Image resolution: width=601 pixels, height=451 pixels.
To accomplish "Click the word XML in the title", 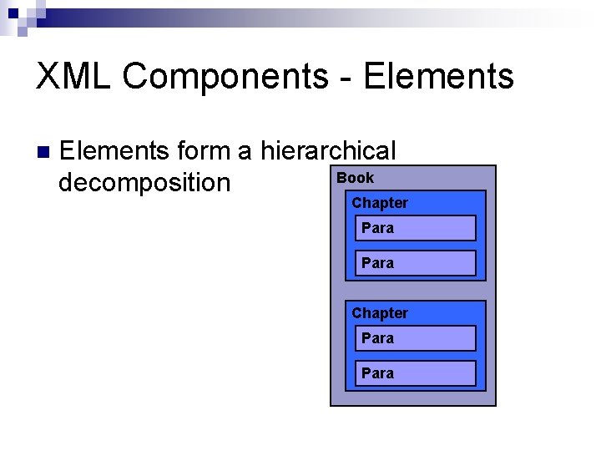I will [x=74, y=77].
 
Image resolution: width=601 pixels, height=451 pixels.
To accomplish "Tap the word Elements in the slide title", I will [x=439, y=77].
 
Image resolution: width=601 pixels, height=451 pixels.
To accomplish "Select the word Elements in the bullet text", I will [x=115, y=151].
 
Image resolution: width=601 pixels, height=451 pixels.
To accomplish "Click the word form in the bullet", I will [x=203, y=151].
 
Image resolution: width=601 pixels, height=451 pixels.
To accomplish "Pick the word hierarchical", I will [x=328, y=151].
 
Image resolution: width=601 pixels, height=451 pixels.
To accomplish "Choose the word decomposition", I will [x=144, y=182].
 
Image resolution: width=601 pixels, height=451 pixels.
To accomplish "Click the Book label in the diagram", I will [x=355, y=177].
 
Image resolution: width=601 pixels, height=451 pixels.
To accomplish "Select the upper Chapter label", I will [x=380, y=203].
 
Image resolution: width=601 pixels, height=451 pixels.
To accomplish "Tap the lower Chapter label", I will [x=380, y=313].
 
